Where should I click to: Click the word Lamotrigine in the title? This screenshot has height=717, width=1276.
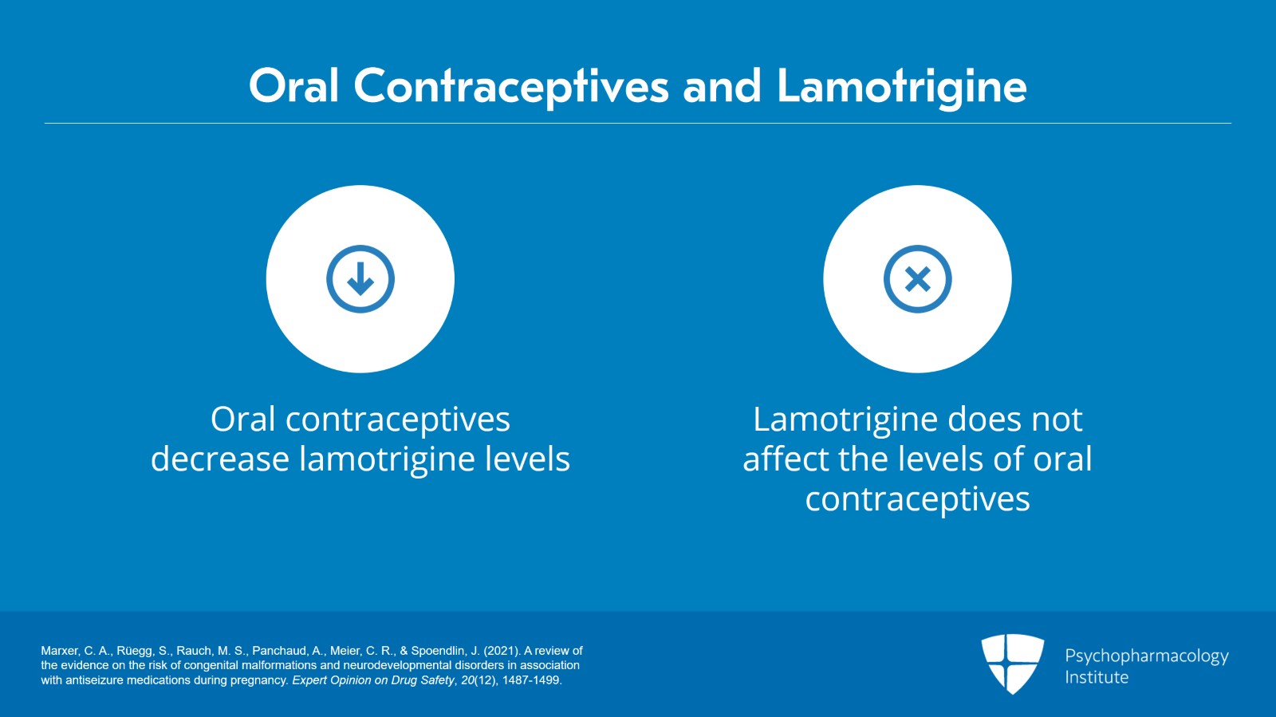pyautogui.click(x=901, y=86)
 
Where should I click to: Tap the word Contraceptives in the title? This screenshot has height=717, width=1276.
pyautogui.click(x=510, y=86)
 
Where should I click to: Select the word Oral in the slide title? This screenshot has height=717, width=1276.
pyautogui.click(x=294, y=86)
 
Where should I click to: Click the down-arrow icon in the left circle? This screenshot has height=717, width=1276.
pyautogui.click(x=360, y=279)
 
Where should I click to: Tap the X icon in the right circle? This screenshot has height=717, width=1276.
pyautogui.click(x=917, y=279)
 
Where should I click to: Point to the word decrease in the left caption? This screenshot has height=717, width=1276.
pyautogui.click(x=219, y=459)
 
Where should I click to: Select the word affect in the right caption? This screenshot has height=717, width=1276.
pyautogui.click(x=786, y=459)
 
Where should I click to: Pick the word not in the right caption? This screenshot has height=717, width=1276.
pyautogui.click(x=1057, y=420)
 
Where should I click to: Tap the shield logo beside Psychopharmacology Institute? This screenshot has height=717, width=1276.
pyautogui.click(x=1012, y=663)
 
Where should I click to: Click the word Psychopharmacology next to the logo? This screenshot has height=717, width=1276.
pyautogui.click(x=1146, y=656)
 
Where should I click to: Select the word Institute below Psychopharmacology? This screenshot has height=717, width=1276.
pyautogui.click(x=1097, y=677)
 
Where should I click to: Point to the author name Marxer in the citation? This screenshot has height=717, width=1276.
pyautogui.click(x=60, y=651)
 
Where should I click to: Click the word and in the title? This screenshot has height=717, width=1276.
pyautogui.click(x=722, y=86)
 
